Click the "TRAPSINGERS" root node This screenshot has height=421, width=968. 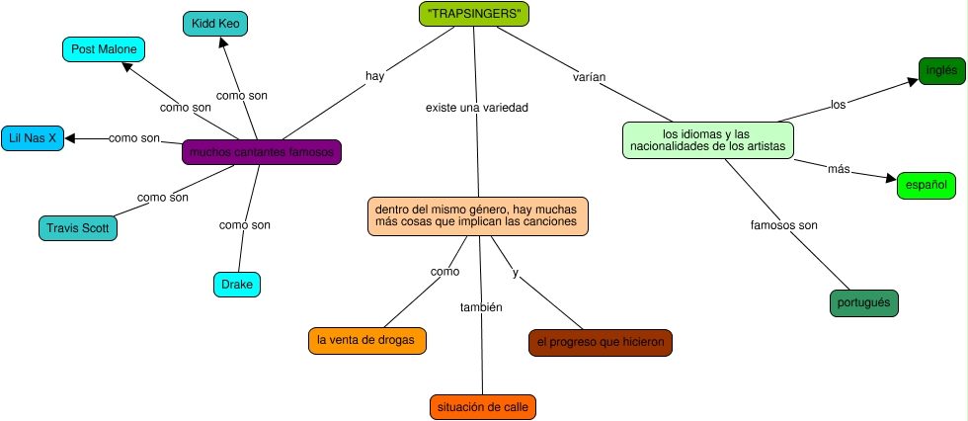pyautogui.click(x=474, y=14)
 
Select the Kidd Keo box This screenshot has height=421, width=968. pyautogui.click(x=215, y=23)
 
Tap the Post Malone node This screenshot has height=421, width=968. pyautogui.click(x=103, y=48)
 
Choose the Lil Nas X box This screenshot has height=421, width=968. pyautogui.click(x=34, y=138)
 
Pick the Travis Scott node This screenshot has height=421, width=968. pyautogui.click(x=78, y=228)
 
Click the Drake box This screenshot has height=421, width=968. pyautogui.click(x=237, y=285)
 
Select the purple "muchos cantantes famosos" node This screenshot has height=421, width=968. pyautogui.click(x=262, y=152)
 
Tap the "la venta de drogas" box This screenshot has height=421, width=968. pyautogui.click(x=367, y=340)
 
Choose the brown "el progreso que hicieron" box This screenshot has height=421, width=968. pyautogui.click(x=601, y=342)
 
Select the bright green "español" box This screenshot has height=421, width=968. pyautogui.click(x=927, y=185)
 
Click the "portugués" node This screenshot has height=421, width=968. pyautogui.click(x=864, y=302)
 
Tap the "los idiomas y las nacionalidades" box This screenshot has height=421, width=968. pyautogui.click(x=707, y=139)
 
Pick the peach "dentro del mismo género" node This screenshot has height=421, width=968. pyautogui.click(x=479, y=215)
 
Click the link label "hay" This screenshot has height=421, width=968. pyautogui.click(x=374, y=75)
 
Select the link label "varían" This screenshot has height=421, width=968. pyautogui.click(x=589, y=76)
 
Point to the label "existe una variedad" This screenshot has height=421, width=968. pyautogui.click(x=476, y=107)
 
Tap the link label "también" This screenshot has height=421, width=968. pyautogui.click(x=481, y=307)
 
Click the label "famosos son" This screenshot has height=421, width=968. pyautogui.click(x=784, y=225)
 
